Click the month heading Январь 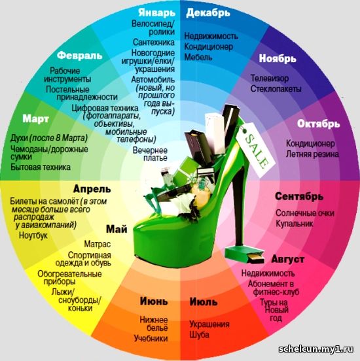click(x=157, y=13)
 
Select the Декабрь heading click(x=208, y=13)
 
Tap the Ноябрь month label click(x=278, y=58)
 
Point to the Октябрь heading click(x=318, y=124)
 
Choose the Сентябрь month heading click(x=299, y=197)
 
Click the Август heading click(x=288, y=260)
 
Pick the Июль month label click(x=204, y=302)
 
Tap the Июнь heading click(x=154, y=301)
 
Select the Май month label click(x=117, y=230)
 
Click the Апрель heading click(x=92, y=189)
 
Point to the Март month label click(x=36, y=119)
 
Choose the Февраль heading click(x=79, y=56)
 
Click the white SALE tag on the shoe click(x=255, y=149)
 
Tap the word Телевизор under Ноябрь click(x=270, y=78)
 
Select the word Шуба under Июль click(x=200, y=335)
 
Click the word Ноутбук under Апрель click(x=33, y=235)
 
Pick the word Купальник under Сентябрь click(x=295, y=224)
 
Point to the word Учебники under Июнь click(x=151, y=339)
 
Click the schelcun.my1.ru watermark click(x=316, y=349)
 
